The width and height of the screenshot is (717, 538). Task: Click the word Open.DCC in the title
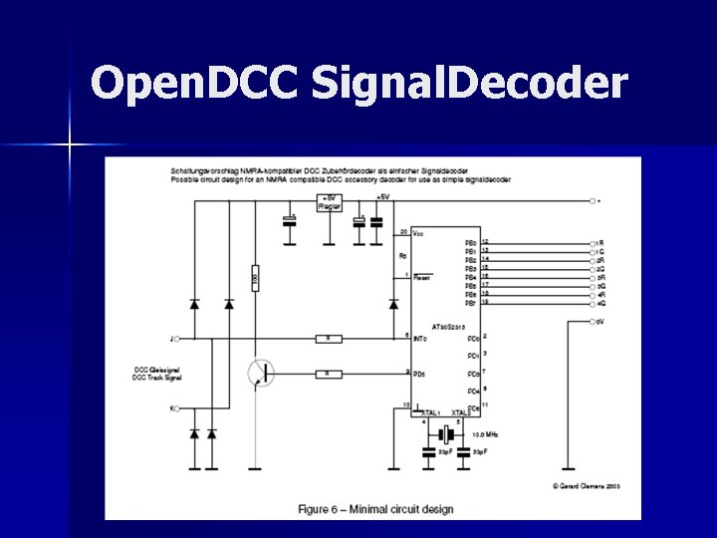click(x=193, y=85)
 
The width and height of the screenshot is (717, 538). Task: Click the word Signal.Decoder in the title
click(x=469, y=85)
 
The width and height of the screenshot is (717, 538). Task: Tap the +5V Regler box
click(x=329, y=202)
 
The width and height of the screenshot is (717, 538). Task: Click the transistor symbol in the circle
click(x=262, y=374)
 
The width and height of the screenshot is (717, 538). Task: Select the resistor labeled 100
click(x=256, y=282)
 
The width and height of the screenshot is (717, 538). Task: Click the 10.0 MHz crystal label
click(x=487, y=434)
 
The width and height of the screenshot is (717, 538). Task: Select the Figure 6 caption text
click(x=375, y=509)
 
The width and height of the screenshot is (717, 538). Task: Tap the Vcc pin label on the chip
click(x=418, y=233)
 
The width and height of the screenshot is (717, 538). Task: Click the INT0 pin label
click(x=419, y=339)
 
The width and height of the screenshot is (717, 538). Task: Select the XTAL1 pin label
click(x=431, y=412)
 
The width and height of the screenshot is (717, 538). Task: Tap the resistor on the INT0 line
click(x=329, y=339)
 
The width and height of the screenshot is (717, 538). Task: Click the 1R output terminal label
click(x=599, y=243)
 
